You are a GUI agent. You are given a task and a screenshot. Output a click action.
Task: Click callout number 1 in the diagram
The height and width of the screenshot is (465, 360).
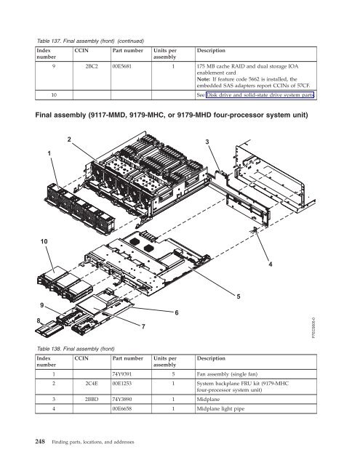point(49,153)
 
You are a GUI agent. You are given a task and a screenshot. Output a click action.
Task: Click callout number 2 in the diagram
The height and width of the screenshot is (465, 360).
point(69,139)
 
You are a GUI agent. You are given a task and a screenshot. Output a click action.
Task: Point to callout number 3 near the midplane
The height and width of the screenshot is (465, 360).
point(207,142)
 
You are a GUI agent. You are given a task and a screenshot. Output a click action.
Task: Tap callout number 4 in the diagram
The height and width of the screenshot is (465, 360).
point(271,264)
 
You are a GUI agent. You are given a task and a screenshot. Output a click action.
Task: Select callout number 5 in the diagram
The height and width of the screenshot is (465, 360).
point(239,296)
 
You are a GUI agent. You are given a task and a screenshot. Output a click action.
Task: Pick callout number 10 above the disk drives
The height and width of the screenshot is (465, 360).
point(44,242)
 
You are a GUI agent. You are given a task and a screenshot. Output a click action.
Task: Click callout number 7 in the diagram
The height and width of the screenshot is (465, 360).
point(143,326)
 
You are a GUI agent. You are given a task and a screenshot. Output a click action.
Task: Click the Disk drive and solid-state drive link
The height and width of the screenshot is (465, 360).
point(260,95)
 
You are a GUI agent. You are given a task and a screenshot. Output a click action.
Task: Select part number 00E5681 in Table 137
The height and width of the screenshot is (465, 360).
point(121,66)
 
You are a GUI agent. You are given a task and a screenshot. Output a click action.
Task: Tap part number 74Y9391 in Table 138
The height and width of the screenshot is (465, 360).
point(121,374)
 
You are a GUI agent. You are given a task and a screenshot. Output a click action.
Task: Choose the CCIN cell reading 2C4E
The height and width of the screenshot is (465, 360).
point(92,384)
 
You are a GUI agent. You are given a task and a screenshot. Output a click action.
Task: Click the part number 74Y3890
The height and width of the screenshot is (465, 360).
point(121,399)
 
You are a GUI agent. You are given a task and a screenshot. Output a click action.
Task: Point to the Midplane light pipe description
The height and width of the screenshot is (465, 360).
point(220,408)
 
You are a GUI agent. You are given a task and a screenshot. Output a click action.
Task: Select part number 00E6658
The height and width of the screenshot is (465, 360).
point(121,408)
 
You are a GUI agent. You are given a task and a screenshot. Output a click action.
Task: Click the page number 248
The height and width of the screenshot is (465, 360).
point(40,442)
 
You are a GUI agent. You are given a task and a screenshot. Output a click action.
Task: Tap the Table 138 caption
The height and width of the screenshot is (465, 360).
point(76,349)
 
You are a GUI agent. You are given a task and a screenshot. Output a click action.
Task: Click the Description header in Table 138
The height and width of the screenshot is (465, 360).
point(211,358)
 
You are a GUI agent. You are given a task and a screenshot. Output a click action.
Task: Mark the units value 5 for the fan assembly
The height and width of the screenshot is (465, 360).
point(173,374)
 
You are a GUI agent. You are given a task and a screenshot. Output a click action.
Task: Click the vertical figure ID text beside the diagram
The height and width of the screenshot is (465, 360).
point(314,328)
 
